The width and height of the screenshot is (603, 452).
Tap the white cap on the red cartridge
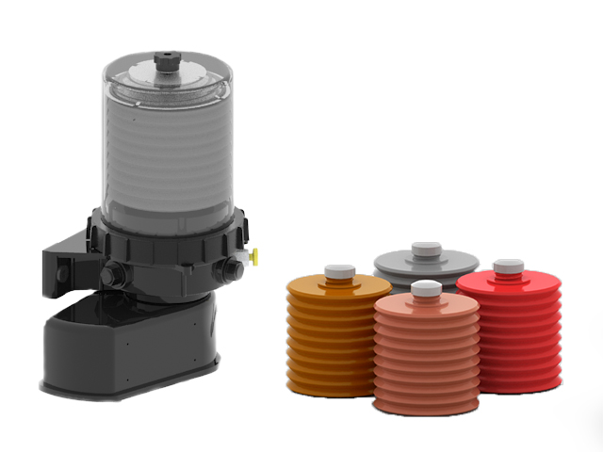coord(509,266)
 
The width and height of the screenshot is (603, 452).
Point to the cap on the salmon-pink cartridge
coord(426,289)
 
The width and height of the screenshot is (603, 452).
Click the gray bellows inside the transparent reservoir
coord(165,160)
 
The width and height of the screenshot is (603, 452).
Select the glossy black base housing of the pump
coord(132,348)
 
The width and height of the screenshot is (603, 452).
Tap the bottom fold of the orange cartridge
coord(325,386)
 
